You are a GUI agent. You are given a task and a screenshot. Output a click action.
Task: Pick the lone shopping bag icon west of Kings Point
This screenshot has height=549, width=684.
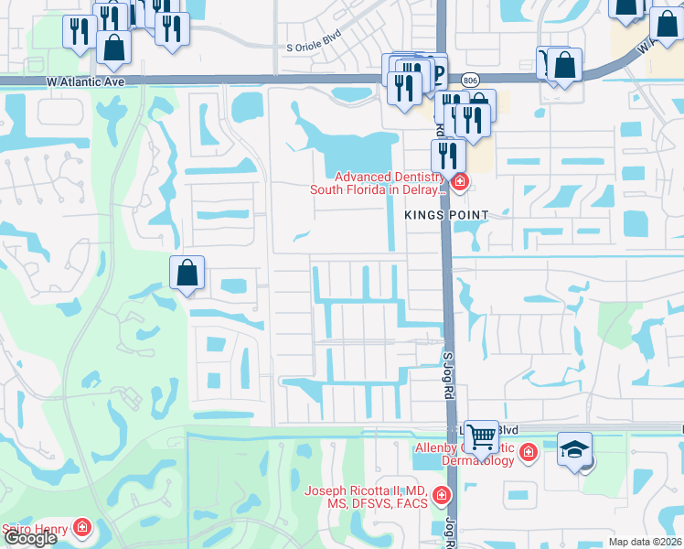[187, 273]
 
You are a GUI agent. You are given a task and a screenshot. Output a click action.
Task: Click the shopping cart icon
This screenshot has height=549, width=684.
[481, 436]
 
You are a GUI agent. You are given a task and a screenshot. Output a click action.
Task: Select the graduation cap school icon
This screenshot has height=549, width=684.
[574, 449]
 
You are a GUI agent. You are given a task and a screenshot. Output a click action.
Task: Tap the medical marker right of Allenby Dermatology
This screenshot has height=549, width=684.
[528, 452]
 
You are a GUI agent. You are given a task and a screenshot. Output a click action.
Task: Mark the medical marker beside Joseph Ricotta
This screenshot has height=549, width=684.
[442, 497]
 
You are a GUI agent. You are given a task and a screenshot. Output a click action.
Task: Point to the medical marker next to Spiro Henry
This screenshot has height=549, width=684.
[81, 528]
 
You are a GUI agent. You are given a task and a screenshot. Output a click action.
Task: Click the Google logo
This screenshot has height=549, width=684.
[29, 538]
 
